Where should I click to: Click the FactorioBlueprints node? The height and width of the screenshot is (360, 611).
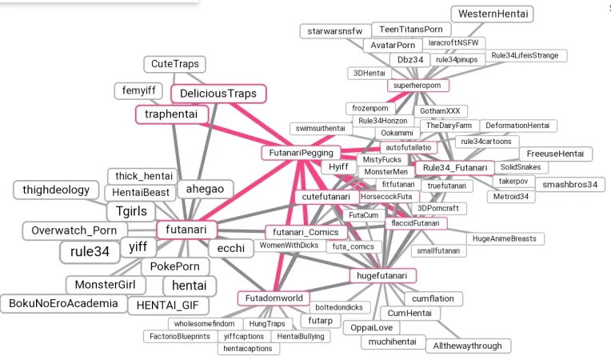(180, 337)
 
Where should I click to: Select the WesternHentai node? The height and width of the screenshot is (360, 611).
(493, 14)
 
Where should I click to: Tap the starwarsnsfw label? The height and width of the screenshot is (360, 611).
(335, 31)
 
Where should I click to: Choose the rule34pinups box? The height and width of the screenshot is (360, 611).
(457, 59)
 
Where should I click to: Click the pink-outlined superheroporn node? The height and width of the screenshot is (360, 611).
(418, 85)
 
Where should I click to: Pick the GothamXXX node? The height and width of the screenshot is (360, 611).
(441, 111)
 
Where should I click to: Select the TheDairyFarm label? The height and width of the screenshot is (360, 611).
(449, 126)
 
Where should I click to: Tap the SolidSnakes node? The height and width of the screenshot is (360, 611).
(520, 167)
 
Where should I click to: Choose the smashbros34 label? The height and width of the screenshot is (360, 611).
(569, 185)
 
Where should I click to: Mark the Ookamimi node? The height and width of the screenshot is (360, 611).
(397, 133)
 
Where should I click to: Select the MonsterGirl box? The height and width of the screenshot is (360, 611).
(105, 285)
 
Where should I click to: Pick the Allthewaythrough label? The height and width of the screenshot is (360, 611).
(468, 346)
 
